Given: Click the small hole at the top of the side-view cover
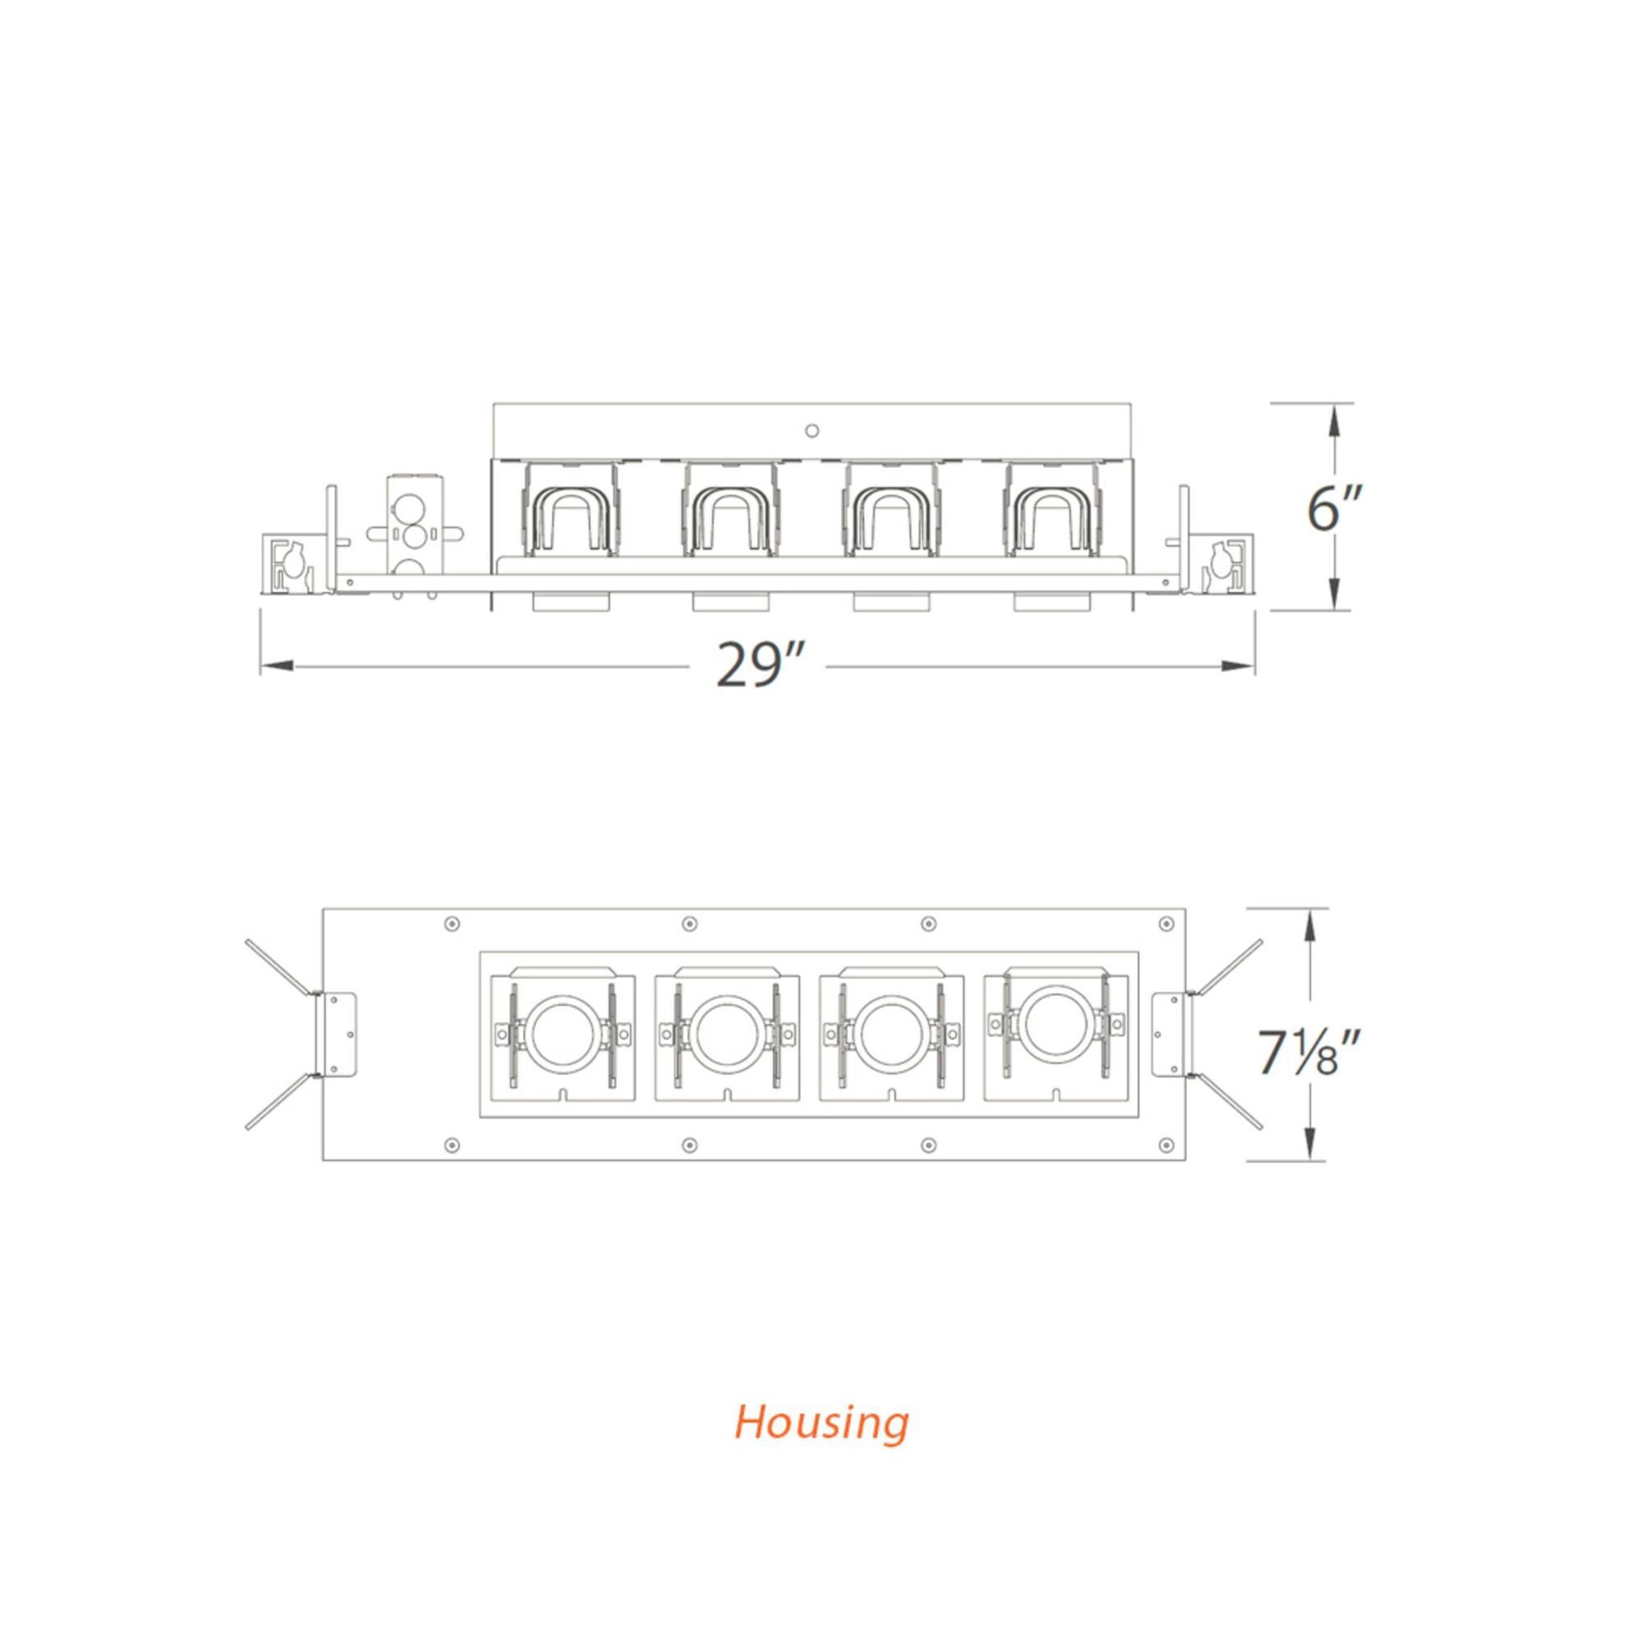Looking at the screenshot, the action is click(x=812, y=430).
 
